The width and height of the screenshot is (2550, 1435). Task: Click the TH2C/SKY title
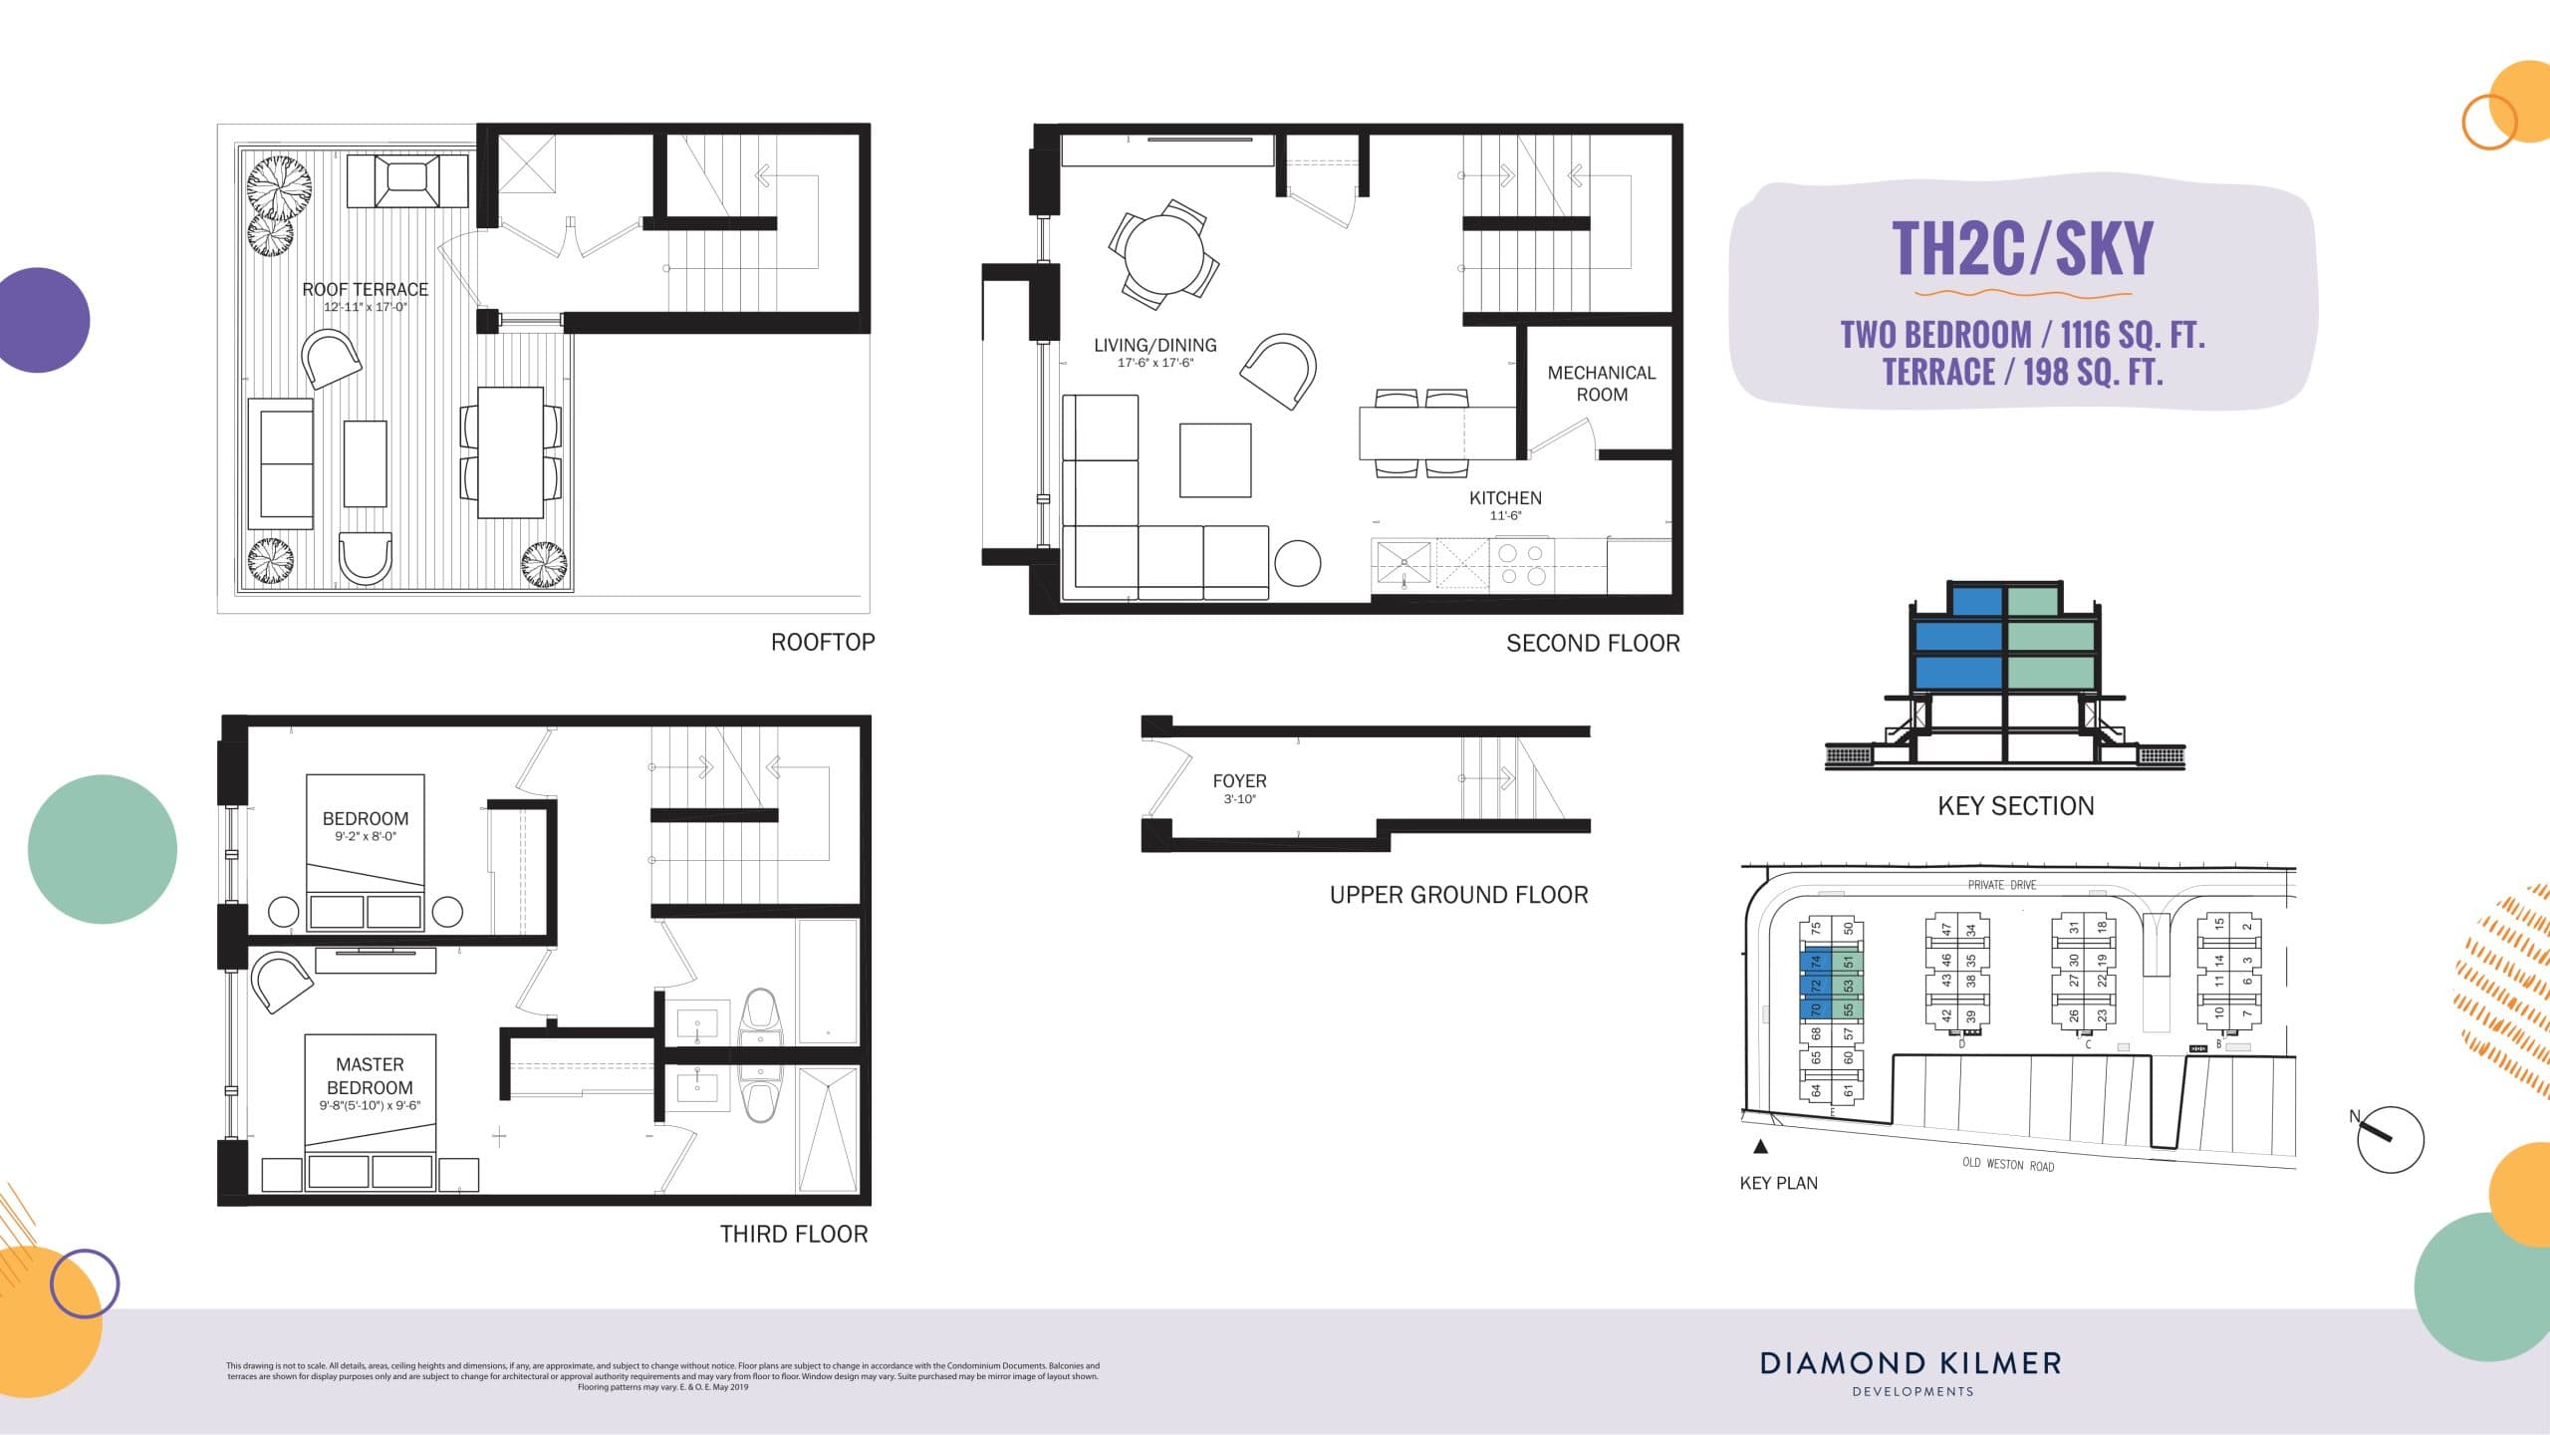pyautogui.click(x=2022, y=249)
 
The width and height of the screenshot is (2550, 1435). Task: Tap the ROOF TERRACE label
pyautogui.click(x=365, y=290)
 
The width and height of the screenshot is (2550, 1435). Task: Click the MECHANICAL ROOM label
pyautogui.click(x=1601, y=384)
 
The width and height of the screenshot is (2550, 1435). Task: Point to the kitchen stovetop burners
pyautogui.click(x=1522, y=564)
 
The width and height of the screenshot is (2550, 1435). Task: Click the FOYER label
pyautogui.click(x=1239, y=781)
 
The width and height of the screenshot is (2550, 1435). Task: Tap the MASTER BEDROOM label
pyautogui.click(x=370, y=1076)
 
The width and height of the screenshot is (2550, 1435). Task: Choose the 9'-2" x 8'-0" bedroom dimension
pyautogui.click(x=366, y=837)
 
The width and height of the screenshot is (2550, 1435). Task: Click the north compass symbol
pyautogui.click(x=2389, y=1139)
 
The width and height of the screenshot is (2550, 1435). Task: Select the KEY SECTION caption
pyautogui.click(x=2015, y=806)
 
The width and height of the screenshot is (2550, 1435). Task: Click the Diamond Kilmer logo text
pyautogui.click(x=1911, y=1363)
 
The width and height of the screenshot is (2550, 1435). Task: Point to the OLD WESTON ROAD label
pyautogui.click(x=2007, y=1164)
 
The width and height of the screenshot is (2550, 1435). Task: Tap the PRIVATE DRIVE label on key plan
pyautogui.click(x=2001, y=885)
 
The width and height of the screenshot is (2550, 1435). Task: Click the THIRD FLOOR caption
pyautogui.click(x=794, y=1235)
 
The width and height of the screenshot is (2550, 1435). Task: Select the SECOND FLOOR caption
pyautogui.click(x=1593, y=644)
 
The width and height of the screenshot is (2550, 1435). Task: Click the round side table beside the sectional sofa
pyautogui.click(x=1298, y=563)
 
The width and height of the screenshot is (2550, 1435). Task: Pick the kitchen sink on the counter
pyautogui.click(x=1402, y=564)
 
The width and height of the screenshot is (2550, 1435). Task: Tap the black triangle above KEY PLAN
pyautogui.click(x=1760, y=1147)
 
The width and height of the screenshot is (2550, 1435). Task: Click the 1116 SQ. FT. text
pyautogui.click(x=2133, y=335)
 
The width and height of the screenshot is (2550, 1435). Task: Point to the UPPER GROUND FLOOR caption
pyautogui.click(x=1458, y=895)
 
